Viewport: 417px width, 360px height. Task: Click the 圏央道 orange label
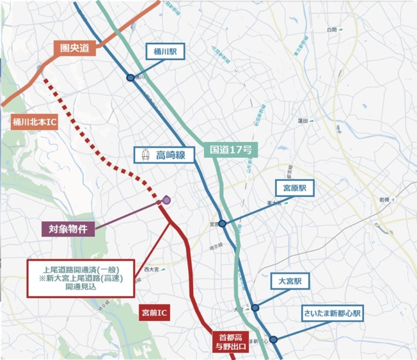click(75, 48)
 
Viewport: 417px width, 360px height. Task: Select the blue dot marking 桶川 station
click(130, 77)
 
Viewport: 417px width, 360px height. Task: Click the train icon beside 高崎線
click(144, 156)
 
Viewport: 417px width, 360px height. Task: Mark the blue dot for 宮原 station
click(223, 224)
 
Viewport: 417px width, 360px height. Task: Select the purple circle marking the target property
click(166, 200)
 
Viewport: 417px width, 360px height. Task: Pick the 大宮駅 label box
click(290, 282)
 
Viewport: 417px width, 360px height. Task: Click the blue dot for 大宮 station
click(255, 307)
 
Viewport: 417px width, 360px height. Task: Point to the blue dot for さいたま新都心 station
click(273, 339)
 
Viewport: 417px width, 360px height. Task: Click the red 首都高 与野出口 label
click(230, 342)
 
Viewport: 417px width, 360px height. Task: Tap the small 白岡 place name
click(332, 29)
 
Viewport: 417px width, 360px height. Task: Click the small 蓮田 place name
click(303, 121)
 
